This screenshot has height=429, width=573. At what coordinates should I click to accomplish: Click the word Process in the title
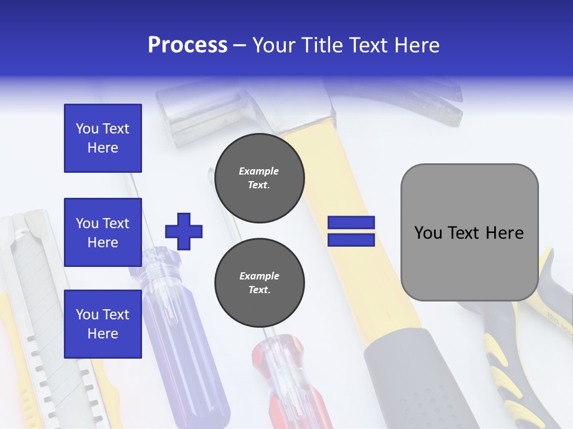[x=187, y=45]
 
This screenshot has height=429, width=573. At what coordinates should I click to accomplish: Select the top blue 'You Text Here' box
[x=103, y=138]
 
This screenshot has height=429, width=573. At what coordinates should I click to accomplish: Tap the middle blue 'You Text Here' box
[x=103, y=232]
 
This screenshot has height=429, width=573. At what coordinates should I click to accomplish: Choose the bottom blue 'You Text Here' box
[x=103, y=324]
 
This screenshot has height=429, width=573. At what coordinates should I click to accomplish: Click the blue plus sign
[x=184, y=231]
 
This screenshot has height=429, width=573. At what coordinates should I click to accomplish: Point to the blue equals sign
[x=351, y=231]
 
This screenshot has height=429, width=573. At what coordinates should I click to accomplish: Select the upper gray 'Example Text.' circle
[x=259, y=178]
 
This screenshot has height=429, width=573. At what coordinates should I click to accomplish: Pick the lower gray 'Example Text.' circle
[x=259, y=283]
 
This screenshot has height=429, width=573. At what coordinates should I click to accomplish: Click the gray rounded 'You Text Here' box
[x=469, y=232]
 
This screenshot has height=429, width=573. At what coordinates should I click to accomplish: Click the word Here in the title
[x=414, y=45]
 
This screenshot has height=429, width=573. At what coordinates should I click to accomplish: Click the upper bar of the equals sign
[x=351, y=223]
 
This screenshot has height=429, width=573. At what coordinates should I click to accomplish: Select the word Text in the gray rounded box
[x=469, y=232]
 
